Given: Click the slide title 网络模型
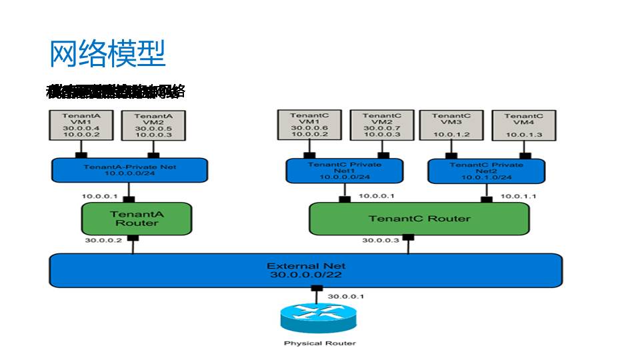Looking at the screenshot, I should click(x=107, y=53).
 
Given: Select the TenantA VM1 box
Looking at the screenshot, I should click(x=81, y=125).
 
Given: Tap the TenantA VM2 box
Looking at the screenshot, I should click(x=149, y=125).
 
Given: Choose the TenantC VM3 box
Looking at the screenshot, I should click(x=451, y=125).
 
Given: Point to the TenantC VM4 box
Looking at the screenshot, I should click(x=523, y=125).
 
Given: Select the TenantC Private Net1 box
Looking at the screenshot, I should click(x=344, y=171).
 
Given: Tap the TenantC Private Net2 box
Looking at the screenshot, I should click(x=486, y=171).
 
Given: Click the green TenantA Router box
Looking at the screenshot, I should click(x=136, y=218).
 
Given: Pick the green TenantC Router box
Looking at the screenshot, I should click(x=419, y=219).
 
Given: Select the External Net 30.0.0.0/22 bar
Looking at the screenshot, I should click(x=306, y=270).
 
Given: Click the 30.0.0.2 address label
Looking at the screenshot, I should click(x=103, y=241).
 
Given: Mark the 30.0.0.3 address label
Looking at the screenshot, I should click(x=381, y=241).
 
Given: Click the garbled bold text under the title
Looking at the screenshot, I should click(x=115, y=91).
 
